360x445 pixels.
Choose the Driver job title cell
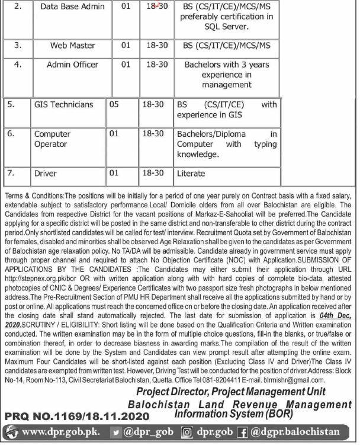tap(46, 174)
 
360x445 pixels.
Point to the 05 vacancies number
tap(115, 105)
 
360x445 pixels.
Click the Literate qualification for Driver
tap(191, 174)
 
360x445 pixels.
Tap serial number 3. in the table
tap(18, 45)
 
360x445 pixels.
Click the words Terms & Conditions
tap(32, 195)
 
